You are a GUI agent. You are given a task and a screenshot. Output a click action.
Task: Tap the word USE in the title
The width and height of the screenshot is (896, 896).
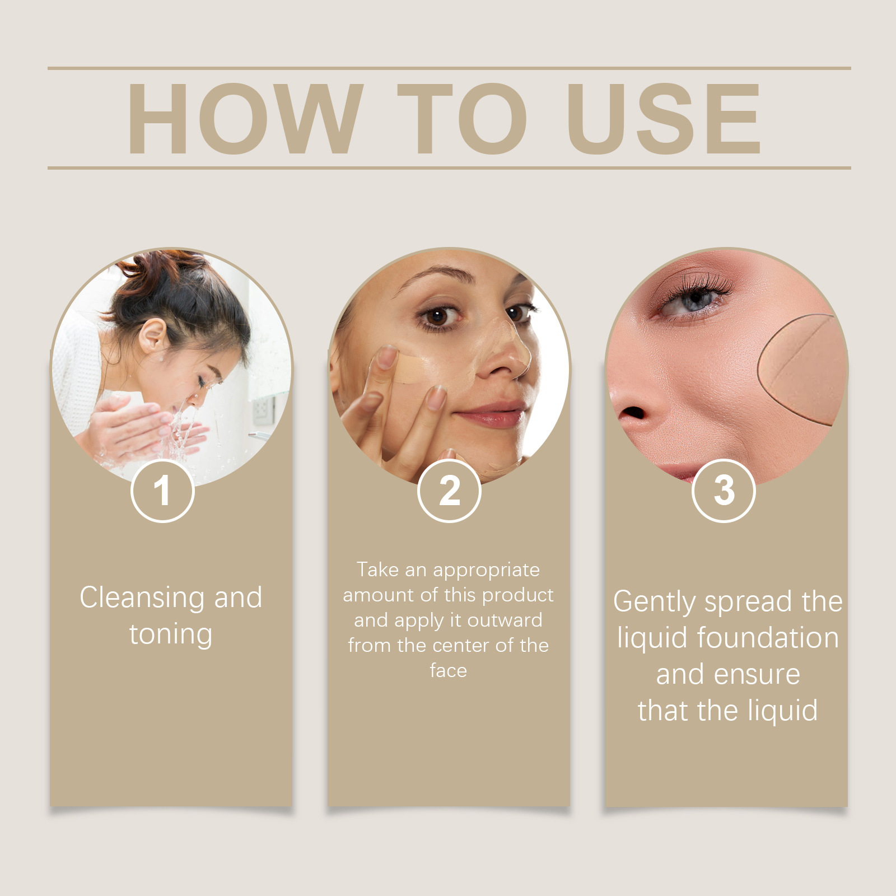664,119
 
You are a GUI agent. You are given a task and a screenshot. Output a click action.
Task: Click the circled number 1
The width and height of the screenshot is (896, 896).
162,491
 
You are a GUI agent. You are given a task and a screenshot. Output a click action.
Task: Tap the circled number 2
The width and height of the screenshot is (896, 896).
449,491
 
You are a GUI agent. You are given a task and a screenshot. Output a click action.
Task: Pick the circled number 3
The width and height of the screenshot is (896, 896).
724,491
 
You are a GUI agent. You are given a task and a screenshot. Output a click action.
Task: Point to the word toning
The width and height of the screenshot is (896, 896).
171,634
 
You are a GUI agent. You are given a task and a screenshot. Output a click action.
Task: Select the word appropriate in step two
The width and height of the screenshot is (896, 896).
486,570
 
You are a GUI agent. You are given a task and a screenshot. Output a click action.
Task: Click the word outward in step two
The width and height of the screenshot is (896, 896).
505,620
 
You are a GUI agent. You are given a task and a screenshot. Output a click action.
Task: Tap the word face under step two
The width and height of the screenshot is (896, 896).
448,670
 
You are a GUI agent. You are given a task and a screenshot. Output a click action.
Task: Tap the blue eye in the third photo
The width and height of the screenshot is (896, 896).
694,300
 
